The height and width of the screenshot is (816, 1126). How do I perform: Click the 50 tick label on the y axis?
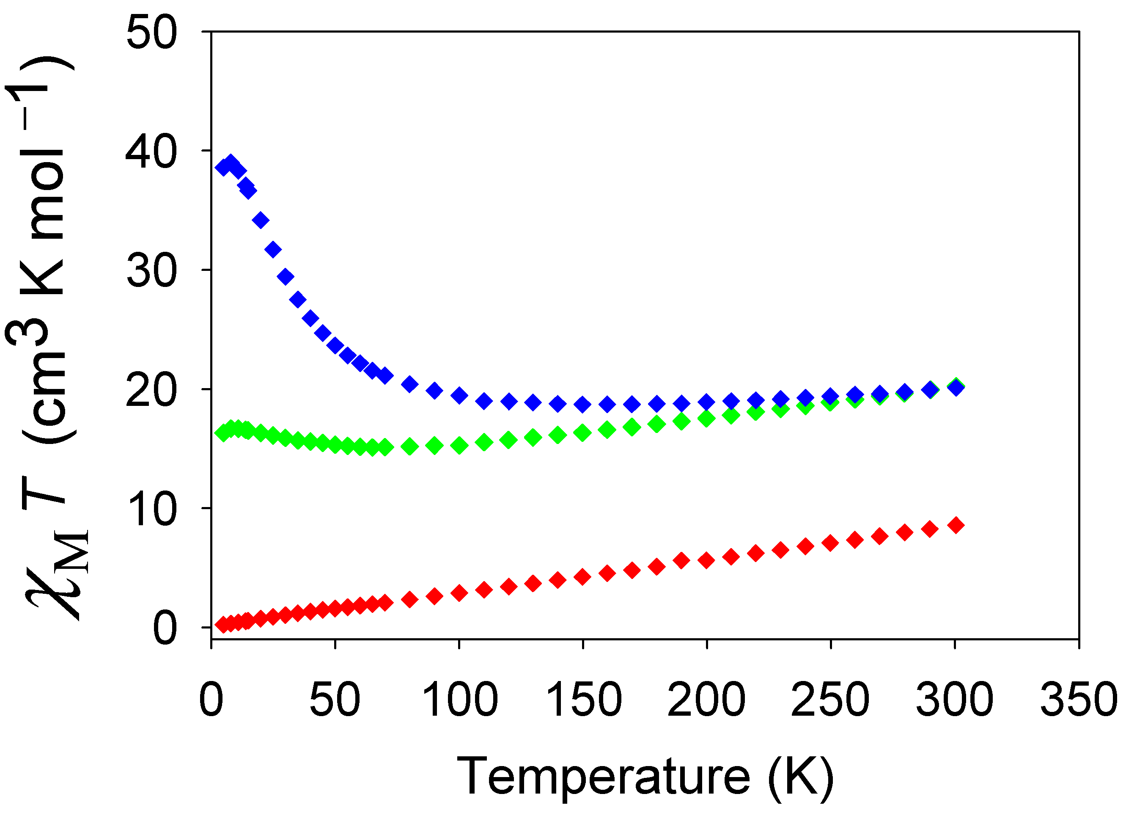[151, 33]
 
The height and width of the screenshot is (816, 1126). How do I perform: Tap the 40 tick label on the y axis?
[151, 152]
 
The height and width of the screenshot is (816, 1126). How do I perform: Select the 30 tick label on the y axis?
[151, 271]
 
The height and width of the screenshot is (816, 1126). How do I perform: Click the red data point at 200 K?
[706, 560]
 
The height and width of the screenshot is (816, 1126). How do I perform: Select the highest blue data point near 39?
[231, 163]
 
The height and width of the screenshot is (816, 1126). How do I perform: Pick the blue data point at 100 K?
[459, 395]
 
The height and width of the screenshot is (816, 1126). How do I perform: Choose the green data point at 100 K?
[459, 446]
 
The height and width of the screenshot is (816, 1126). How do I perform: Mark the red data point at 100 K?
[459, 593]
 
